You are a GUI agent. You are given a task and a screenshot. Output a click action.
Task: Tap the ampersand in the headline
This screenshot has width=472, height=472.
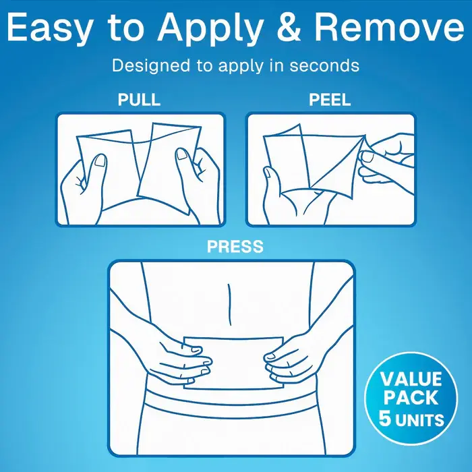(290, 28)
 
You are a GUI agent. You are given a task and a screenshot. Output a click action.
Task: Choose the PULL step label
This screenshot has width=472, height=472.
(139, 100)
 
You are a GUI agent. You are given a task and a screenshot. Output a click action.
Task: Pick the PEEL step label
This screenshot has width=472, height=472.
(330, 100)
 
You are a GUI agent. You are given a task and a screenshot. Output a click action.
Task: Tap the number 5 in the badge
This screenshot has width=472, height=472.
(386, 418)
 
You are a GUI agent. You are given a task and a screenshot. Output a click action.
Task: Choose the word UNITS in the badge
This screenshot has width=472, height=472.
(420, 420)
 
